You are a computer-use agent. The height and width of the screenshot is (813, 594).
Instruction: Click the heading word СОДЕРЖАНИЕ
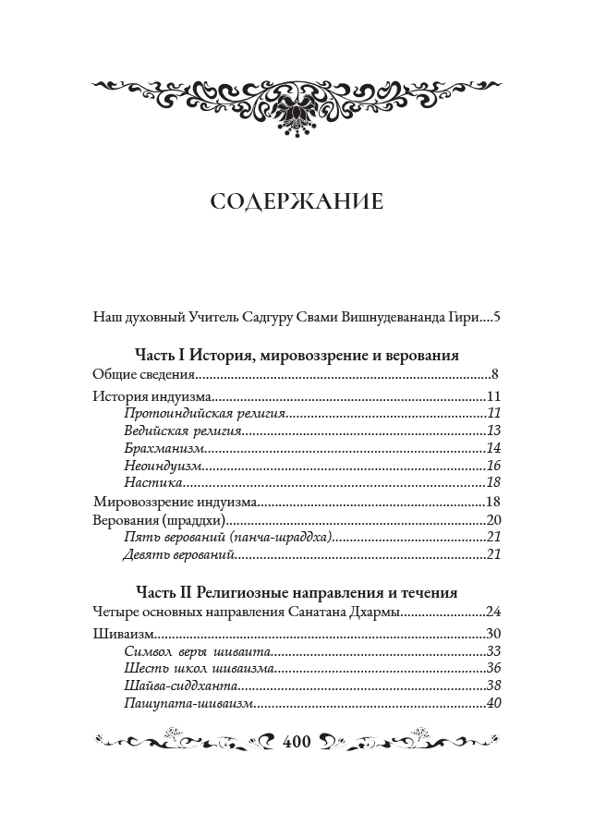click(296, 202)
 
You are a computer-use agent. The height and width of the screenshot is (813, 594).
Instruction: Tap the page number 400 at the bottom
click(297, 741)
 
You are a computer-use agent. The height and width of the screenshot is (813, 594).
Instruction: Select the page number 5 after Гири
click(496, 316)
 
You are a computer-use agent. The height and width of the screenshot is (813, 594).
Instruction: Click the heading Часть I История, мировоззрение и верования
click(297, 356)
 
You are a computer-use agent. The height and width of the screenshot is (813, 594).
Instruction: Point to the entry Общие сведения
click(144, 374)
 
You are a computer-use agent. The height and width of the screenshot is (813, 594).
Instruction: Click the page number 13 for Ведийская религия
click(492, 431)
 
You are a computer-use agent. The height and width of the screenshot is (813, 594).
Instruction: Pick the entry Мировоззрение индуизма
click(175, 502)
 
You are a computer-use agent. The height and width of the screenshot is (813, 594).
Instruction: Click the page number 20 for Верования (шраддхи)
click(492, 519)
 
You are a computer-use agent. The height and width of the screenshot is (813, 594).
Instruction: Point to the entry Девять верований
click(177, 554)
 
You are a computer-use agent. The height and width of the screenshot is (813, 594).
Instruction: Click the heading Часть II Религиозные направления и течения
click(297, 592)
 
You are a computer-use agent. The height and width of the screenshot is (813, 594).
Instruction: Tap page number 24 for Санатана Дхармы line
click(492, 612)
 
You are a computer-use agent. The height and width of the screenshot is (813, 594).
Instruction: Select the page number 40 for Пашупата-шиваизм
click(492, 704)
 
